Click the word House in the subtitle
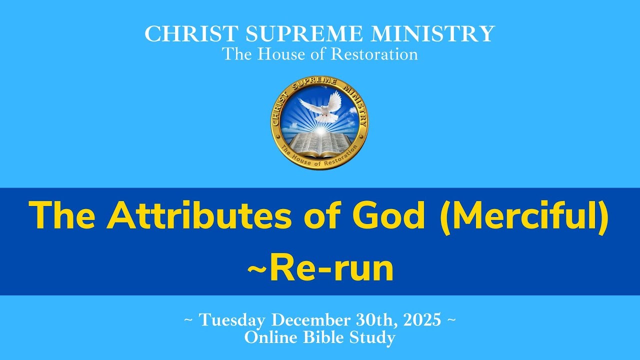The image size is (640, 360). [282, 54]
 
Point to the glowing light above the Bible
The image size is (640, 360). [319, 129]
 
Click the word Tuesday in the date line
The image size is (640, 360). [233, 320]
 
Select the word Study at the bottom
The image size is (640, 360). [372, 338]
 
